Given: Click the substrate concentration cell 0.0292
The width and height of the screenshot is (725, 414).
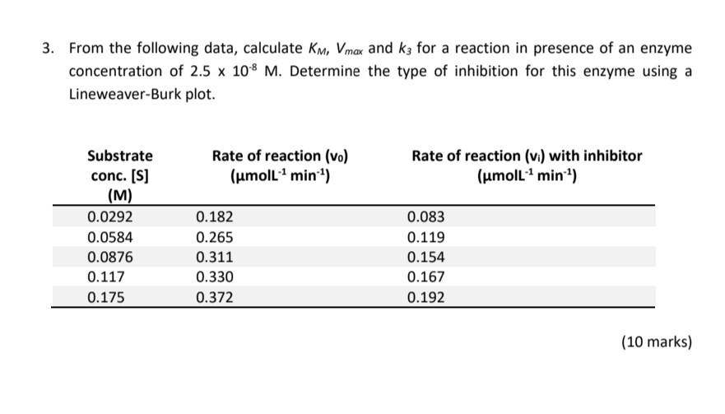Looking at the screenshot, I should tap(109, 217).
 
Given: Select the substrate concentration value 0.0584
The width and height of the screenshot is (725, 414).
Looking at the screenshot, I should tap(109, 238).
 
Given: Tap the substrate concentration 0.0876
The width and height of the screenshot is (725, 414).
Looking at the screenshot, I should tap(109, 258).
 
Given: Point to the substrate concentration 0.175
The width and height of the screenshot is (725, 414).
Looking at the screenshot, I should tap(106, 298).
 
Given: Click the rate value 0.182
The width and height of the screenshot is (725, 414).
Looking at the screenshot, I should tap(215, 217).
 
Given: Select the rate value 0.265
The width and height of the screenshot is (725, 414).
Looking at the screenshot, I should tap(215, 238).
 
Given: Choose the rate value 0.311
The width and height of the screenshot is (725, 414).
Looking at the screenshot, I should tap(215, 258).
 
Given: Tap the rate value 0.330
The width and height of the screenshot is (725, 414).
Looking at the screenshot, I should tap(215, 277).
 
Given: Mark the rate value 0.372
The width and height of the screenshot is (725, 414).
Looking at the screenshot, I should tap(215, 298).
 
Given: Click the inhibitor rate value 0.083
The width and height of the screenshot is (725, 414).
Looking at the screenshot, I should tap(425, 217).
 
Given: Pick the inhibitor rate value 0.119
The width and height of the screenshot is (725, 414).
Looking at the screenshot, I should tap(425, 238).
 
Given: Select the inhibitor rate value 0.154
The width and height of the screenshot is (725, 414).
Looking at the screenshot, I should tap(425, 258).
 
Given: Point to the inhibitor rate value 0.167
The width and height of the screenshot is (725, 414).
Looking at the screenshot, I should tap(425, 277).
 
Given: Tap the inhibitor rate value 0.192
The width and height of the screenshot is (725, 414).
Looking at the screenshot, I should tap(425, 298).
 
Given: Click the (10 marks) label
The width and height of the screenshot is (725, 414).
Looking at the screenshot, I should tap(656, 342).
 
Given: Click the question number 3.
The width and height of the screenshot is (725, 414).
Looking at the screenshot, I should tap(49, 48).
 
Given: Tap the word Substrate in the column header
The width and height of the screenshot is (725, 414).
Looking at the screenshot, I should tap(119, 155).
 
